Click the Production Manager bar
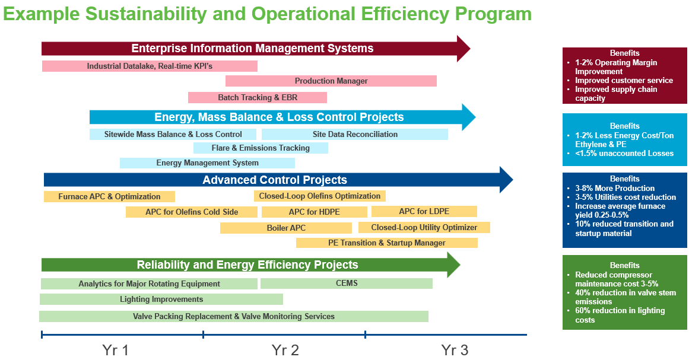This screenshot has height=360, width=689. coord(331,81)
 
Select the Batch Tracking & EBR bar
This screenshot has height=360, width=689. coord(258,97)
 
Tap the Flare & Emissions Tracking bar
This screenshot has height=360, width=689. coord(261,148)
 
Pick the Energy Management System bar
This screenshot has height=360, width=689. coord(207,163)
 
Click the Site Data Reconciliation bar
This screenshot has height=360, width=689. coord(355,135)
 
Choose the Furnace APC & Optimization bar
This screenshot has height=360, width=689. coord(109,197)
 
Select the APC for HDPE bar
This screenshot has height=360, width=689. coord(314,212)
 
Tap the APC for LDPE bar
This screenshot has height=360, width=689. coord(424,212)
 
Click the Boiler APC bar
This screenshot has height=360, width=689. coord(286,228)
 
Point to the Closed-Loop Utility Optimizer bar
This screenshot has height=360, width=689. coord(424,227)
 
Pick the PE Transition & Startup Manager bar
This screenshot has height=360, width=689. coord(387,243)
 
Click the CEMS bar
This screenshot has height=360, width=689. coord(346,283)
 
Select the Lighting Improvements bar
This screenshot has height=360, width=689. coord(161,300)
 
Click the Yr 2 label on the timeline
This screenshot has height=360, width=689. coord(285,350)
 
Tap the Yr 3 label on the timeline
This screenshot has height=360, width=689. coord(455,350)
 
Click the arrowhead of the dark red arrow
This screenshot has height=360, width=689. coord(463,48)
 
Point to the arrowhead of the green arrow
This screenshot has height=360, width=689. coord(453,265)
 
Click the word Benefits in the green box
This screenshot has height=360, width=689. coord(624,265)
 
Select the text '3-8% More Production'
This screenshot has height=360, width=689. coord(615,189)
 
